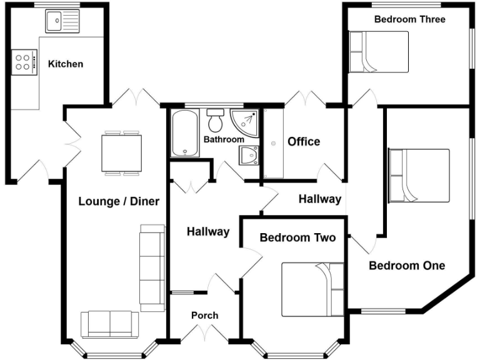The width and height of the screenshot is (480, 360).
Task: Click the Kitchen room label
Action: pyautogui.click(x=66, y=64)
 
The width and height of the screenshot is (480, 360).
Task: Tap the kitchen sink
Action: pyautogui.click(x=62, y=22)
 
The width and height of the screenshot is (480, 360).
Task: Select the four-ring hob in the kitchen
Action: pyautogui.click(x=22, y=61)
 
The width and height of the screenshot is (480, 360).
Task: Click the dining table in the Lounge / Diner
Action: pyautogui.click(x=121, y=153)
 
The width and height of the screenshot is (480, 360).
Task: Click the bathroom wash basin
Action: pyautogui.click(x=249, y=154)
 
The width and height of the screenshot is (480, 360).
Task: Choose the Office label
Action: pyautogui.click(x=304, y=142)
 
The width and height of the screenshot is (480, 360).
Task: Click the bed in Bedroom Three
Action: pyautogui.click(x=379, y=52)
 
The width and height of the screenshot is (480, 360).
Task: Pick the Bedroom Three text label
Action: pyautogui.click(x=409, y=19)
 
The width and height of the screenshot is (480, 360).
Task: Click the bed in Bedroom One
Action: pyautogui.click(x=419, y=176)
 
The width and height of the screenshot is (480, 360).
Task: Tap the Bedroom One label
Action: pyautogui.click(x=407, y=266)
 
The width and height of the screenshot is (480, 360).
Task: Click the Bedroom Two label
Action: pyautogui.click(x=297, y=237)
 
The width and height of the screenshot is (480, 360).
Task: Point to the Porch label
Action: pyautogui.click(x=204, y=315)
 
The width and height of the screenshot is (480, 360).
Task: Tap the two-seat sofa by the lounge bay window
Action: pyautogui.click(x=110, y=324)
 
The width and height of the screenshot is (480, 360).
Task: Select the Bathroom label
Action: pyautogui.click(x=223, y=139)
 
